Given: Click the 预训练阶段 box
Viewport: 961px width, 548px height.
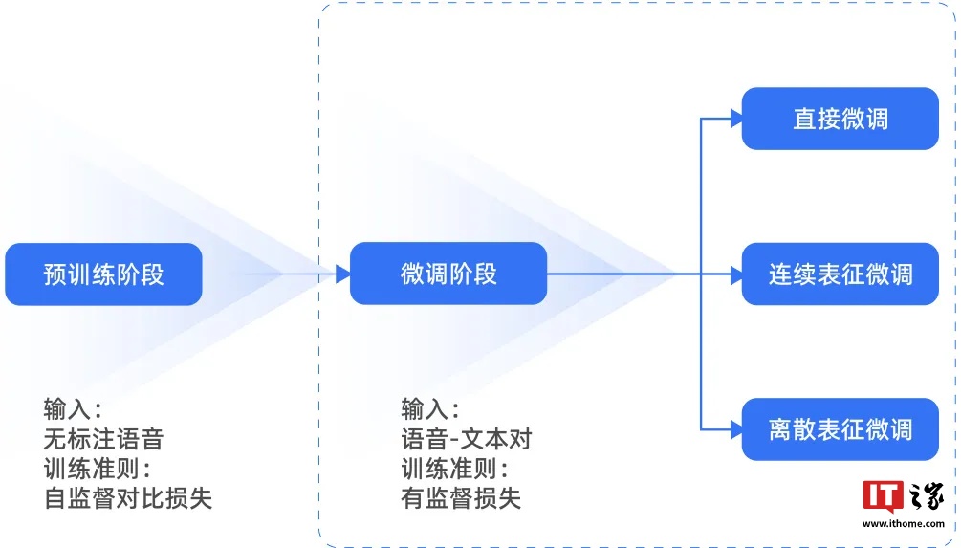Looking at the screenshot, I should (x=103, y=274).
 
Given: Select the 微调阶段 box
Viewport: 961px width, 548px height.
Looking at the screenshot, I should (x=448, y=274).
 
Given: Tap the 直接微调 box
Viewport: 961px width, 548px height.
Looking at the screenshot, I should (x=840, y=119).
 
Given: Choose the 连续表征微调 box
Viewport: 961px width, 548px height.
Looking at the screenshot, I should (x=840, y=274).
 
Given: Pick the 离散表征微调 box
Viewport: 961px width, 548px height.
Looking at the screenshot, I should (x=840, y=429).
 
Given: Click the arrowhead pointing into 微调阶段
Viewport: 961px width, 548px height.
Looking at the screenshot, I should (x=342, y=274).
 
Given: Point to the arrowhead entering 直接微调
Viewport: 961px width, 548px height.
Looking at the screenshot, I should (x=735, y=119).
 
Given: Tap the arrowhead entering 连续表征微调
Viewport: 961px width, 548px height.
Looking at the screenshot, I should (x=735, y=274).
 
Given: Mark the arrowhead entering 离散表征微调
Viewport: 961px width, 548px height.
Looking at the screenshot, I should (x=735, y=429).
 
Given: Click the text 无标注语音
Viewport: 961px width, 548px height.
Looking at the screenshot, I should (x=103, y=439).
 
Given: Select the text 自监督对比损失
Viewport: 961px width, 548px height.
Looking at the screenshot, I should (x=127, y=498).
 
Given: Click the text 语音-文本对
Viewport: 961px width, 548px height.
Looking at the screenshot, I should (x=466, y=439).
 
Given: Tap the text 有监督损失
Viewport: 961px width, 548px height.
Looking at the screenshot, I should (x=461, y=498).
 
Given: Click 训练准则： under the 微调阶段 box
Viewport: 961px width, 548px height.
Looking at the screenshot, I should (x=454, y=469).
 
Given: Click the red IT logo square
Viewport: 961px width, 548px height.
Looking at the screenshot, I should (x=881, y=495).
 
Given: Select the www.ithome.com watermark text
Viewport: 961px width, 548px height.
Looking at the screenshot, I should (x=904, y=524).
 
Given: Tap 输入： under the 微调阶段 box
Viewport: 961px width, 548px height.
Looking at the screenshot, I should (x=430, y=409).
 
